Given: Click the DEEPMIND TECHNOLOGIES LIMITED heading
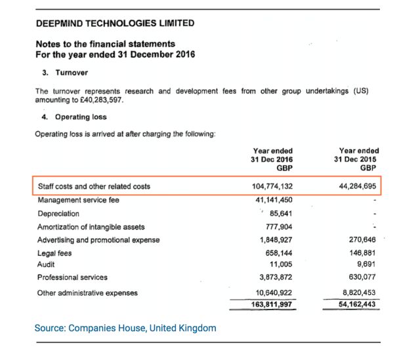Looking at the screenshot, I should tap(115, 23).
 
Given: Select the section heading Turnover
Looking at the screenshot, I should tap(74, 73).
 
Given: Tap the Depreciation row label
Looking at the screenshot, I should tap(58, 213).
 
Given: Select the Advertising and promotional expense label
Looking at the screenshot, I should tap(98, 239).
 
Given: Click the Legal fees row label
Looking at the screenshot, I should tap(54, 252).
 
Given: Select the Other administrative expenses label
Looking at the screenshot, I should tap(87, 292).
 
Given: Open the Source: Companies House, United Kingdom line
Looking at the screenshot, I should tap(125, 328).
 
